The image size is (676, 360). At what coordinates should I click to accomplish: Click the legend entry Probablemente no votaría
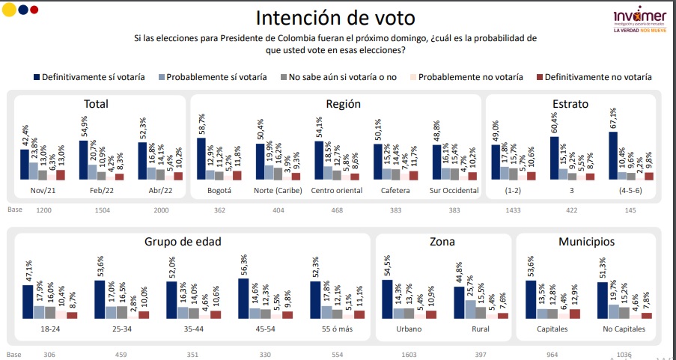point(469,76)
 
